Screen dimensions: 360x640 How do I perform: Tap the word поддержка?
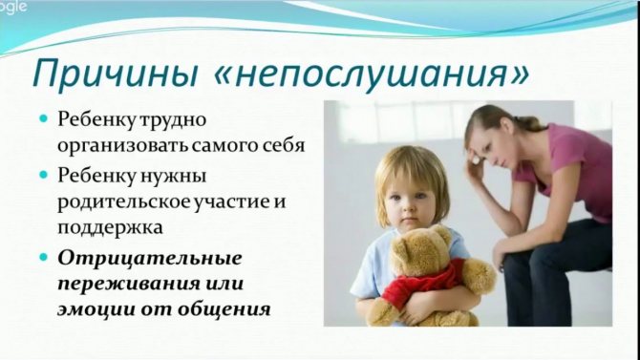pyautogui.click(x=108, y=228)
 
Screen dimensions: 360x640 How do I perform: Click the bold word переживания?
pyautogui.click(x=118, y=285)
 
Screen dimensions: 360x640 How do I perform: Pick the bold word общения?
pyautogui.click(x=224, y=309)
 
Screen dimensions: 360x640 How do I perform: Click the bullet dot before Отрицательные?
pyautogui.click(x=42, y=259)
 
